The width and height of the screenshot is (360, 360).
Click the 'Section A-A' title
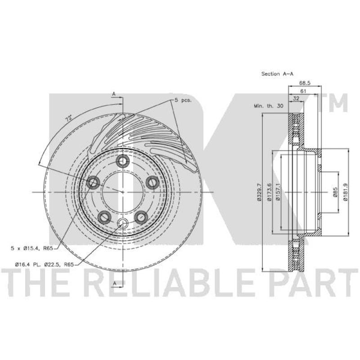pos(276,73)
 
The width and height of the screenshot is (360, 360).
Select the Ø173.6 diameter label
pos(269,192)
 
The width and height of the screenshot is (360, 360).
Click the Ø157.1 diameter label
pos(279,192)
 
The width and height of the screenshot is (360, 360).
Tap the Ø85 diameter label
pos(335,192)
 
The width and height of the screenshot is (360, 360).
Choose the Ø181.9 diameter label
pos(345,192)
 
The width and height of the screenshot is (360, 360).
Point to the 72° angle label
pos(69,118)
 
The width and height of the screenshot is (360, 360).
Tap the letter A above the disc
pos(114,94)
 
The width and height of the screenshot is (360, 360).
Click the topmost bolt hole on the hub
pos(122,161)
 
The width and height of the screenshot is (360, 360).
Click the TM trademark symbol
pos(334,103)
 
